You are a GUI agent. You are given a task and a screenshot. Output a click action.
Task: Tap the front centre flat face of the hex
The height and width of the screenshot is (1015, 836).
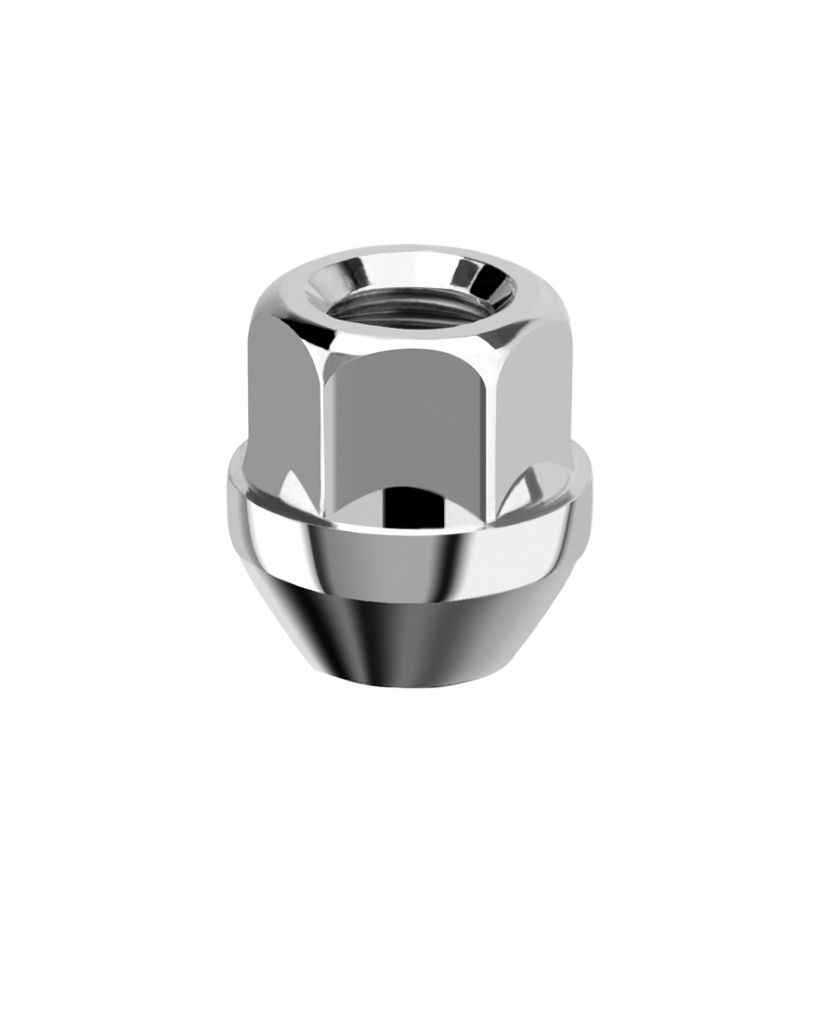[409, 418]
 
